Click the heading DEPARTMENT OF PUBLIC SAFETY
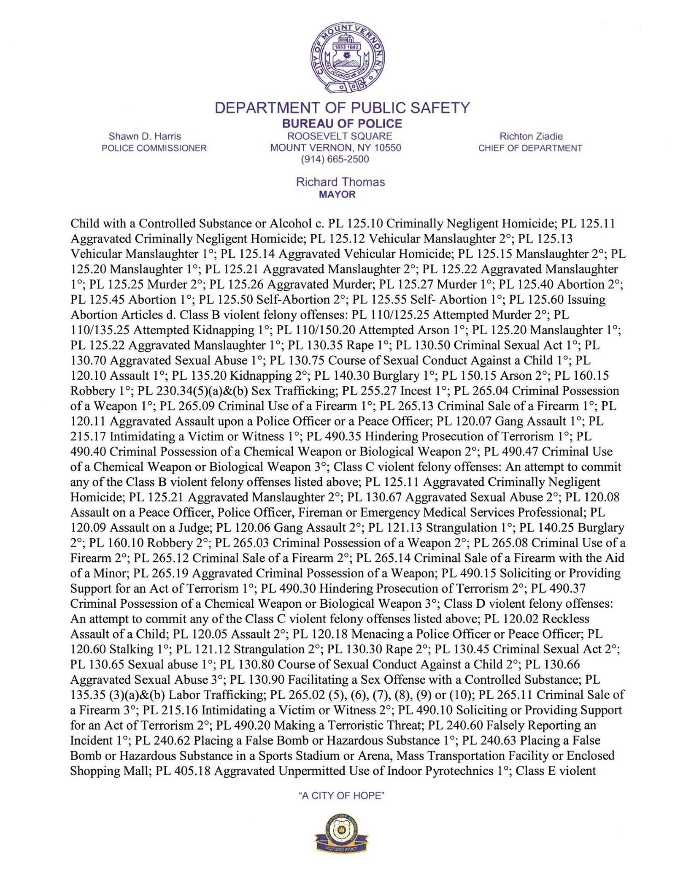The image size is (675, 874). pos(342,108)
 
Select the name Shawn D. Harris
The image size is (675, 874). pos(145,136)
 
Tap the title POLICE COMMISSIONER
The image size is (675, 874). pos(154,148)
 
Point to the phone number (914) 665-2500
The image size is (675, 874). pos(335,160)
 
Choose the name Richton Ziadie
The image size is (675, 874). pos(531,136)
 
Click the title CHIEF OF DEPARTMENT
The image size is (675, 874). pos(530,148)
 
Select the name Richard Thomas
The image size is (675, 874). pos(340,182)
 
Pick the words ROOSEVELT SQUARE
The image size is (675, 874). pos(340,136)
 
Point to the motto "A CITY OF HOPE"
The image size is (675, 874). pos(341,796)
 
